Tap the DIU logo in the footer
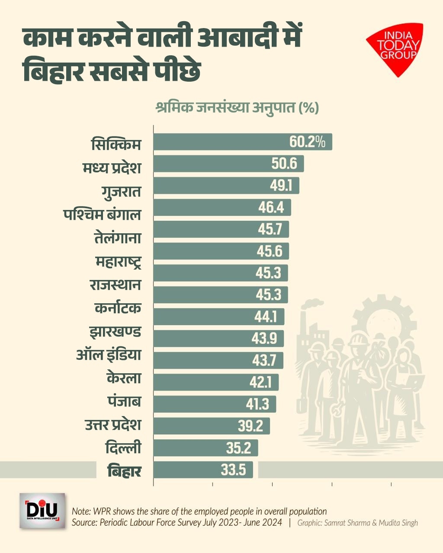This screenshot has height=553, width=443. tap(42, 511)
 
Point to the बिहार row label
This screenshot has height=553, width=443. tap(124, 470)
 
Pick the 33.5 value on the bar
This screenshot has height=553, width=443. tap(233, 470)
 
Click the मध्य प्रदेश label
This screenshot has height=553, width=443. tap(112, 167)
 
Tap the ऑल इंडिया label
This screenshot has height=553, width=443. tap(109, 356)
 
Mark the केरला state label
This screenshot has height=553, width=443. tap(124, 378)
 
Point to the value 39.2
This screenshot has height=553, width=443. tap(250, 426)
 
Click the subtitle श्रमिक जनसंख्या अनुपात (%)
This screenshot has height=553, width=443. tap(237, 107)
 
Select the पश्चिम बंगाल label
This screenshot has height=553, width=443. tap(102, 214)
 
